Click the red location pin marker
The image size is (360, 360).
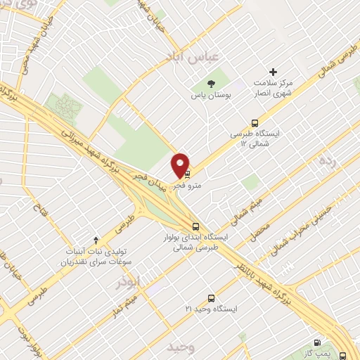click(181, 164)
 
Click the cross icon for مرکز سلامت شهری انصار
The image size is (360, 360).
click(274, 72)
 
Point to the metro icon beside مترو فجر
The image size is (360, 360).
click(188, 173)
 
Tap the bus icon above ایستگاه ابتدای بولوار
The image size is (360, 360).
click(196, 226)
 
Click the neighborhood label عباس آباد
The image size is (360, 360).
click(183, 56)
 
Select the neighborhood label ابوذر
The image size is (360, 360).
click(127, 282)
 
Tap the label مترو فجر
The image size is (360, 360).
click(169, 186)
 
